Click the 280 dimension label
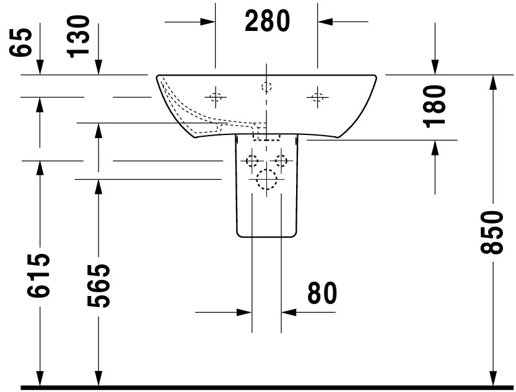(267, 20)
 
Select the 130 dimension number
(78, 37)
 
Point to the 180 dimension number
(434, 106)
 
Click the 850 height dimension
(492, 232)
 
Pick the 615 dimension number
(38, 276)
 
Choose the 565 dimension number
(98, 285)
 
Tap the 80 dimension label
(322, 293)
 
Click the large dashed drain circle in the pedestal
(266, 179)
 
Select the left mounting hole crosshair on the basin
(216, 97)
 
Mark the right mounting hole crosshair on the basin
(318, 97)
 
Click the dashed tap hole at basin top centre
(266, 87)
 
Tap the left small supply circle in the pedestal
(252, 161)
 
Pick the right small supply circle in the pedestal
(281, 161)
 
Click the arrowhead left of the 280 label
(208, 22)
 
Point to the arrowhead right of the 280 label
(325, 22)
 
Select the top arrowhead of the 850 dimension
(492, 82)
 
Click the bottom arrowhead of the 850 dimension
(492, 378)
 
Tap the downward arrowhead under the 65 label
(40, 68)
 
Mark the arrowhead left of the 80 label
(245, 312)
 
